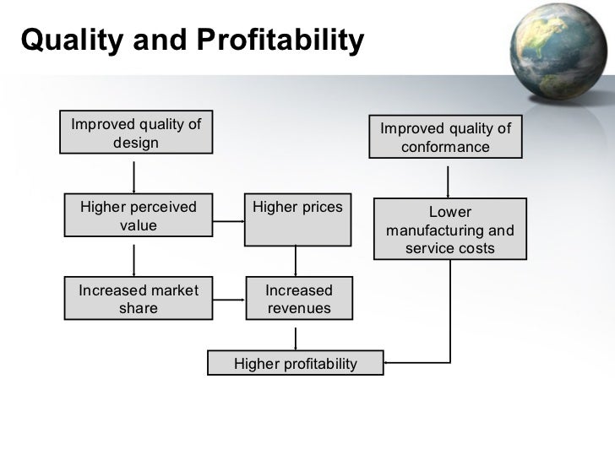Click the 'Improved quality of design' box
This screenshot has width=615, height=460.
(135, 133)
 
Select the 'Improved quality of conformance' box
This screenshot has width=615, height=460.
(445, 138)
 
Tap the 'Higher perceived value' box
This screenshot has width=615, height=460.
(138, 216)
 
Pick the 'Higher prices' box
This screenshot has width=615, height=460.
(297, 220)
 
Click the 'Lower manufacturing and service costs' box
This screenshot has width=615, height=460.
(449, 229)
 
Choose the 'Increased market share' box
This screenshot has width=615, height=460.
(138, 299)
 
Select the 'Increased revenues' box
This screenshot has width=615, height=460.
(298, 299)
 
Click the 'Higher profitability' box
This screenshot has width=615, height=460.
(295, 364)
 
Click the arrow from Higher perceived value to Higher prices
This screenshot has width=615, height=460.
(227, 223)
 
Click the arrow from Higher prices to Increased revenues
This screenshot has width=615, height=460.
(296, 261)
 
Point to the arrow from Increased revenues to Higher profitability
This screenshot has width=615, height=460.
(296, 337)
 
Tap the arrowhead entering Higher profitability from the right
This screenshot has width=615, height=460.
(389, 364)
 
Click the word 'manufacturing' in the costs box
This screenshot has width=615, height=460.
(449, 230)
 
